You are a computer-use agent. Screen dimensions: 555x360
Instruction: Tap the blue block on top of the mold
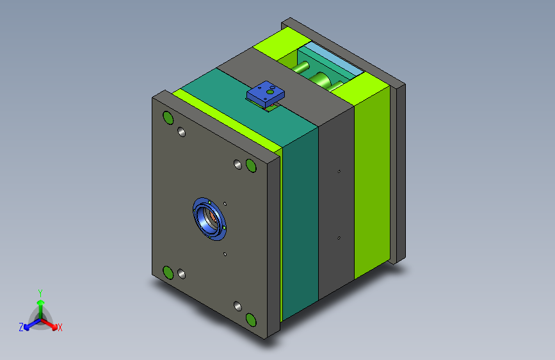(x=266, y=94)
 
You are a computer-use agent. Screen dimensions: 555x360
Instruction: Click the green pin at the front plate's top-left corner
(x=168, y=118)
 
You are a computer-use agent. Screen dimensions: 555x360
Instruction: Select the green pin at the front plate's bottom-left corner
(x=168, y=272)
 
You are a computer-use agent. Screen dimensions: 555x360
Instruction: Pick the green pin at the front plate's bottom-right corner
(x=251, y=320)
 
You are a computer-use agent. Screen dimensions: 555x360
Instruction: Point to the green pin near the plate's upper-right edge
(x=251, y=165)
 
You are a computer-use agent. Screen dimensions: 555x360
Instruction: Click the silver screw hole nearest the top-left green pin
(x=181, y=132)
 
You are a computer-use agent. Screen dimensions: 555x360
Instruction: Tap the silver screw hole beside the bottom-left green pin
(x=181, y=274)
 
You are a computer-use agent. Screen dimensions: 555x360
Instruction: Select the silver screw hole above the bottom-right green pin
(x=238, y=306)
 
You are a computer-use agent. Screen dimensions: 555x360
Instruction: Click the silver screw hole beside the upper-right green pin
(x=238, y=165)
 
